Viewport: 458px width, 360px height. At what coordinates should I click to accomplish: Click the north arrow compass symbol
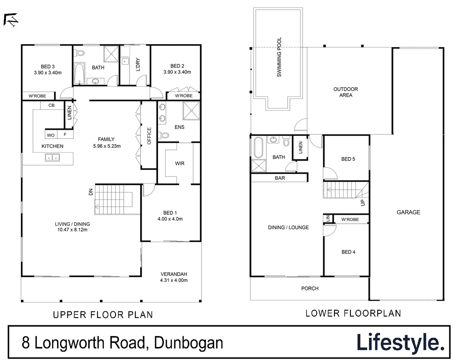(11, 20)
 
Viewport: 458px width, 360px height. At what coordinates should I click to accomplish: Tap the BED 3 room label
(48, 67)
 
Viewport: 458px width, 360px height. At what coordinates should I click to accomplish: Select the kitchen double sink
(52, 157)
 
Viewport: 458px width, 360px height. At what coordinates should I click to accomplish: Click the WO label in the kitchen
(51, 135)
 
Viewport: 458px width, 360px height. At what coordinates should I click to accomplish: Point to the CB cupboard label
(51, 105)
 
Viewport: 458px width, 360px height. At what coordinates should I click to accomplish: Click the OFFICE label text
(149, 136)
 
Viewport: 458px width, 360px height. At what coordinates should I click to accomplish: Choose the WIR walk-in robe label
(179, 163)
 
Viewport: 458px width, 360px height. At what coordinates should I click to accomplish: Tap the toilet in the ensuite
(164, 135)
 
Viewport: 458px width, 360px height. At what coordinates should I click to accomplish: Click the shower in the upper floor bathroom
(111, 54)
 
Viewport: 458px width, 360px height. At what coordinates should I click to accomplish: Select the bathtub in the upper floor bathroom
(79, 73)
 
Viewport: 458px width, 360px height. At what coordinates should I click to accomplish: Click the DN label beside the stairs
(90, 192)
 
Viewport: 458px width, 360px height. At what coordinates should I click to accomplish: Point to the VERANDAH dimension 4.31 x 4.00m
(174, 280)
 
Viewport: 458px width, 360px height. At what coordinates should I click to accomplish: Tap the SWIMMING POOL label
(279, 57)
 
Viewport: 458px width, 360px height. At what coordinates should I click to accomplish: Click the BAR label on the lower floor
(280, 178)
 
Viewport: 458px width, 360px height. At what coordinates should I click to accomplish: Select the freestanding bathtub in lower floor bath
(259, 147)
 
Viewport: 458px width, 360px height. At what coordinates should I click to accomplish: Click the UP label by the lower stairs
(363, 202)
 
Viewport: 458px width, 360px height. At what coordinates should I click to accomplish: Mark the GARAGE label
(408, 212)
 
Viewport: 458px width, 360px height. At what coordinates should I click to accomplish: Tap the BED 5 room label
(348, 159)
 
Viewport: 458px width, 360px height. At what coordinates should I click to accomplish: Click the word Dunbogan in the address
(189, 343)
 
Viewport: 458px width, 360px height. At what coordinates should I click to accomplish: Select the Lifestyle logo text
(400, 342)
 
